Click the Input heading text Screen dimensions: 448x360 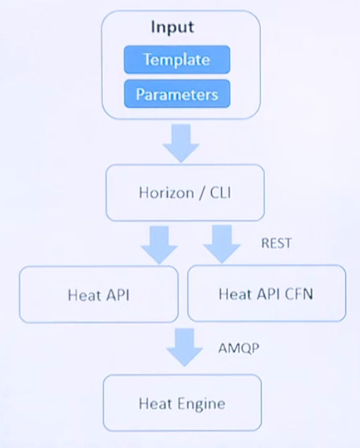(x=172, y=27)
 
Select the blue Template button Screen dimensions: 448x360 (x=176, y=60)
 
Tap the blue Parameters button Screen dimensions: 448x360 (x=176, y=94)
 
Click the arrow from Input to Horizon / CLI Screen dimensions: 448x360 (x=181, y=142)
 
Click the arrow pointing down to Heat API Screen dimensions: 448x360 (x=159, y=244)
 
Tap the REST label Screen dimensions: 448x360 (x=276, y=243)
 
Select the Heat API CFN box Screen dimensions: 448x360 (x=266, y=294)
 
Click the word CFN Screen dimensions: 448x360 (x=300, y=294)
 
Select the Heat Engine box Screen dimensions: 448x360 (x=182, y=403)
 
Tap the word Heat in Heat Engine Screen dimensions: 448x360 (x=153, y=403)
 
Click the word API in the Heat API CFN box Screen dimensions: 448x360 (x=267, y=294)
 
